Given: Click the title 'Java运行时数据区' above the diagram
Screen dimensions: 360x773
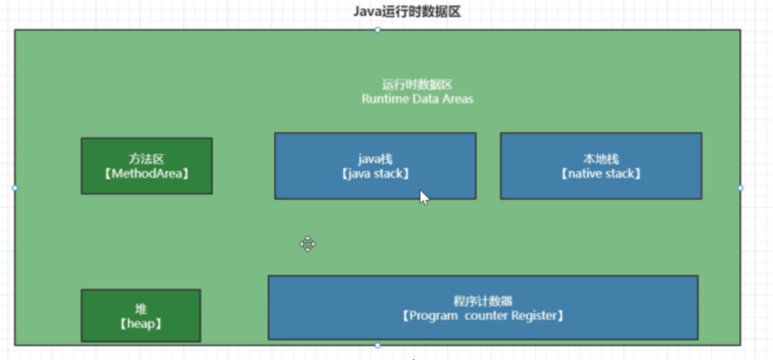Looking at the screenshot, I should coord(407,12).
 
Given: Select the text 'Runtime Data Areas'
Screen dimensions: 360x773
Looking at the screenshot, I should coord(418,99).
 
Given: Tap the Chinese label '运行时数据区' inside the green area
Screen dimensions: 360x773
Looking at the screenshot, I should coord(418,85).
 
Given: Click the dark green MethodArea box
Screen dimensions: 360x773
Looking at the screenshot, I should coord(147,166).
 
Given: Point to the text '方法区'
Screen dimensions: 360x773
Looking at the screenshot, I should coord(147,160).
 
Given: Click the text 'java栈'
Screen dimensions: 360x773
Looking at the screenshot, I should coord(375,160).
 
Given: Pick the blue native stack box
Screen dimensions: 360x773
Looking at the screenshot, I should coord(601,166).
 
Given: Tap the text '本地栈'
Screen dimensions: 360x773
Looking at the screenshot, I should coord(601,160).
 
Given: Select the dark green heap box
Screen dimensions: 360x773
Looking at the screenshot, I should coord(140,315).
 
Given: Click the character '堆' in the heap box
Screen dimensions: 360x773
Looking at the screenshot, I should coord(140,309).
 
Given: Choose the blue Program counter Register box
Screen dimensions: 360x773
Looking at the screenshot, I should coord(483,307).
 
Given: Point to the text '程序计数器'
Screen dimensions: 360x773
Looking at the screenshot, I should coord(483,300).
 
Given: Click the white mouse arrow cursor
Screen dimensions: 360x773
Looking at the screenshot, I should coord(424,197).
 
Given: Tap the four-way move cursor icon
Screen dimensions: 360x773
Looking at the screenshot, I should coord(308,244).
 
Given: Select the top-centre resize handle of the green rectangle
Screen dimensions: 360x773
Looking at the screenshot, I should coord(378,30).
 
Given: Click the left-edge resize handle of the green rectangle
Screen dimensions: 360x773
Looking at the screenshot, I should coord(15,187).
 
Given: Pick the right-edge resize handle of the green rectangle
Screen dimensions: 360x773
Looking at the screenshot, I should coord(741,187).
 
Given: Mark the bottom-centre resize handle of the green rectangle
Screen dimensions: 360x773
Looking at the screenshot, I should coord(378,345).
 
